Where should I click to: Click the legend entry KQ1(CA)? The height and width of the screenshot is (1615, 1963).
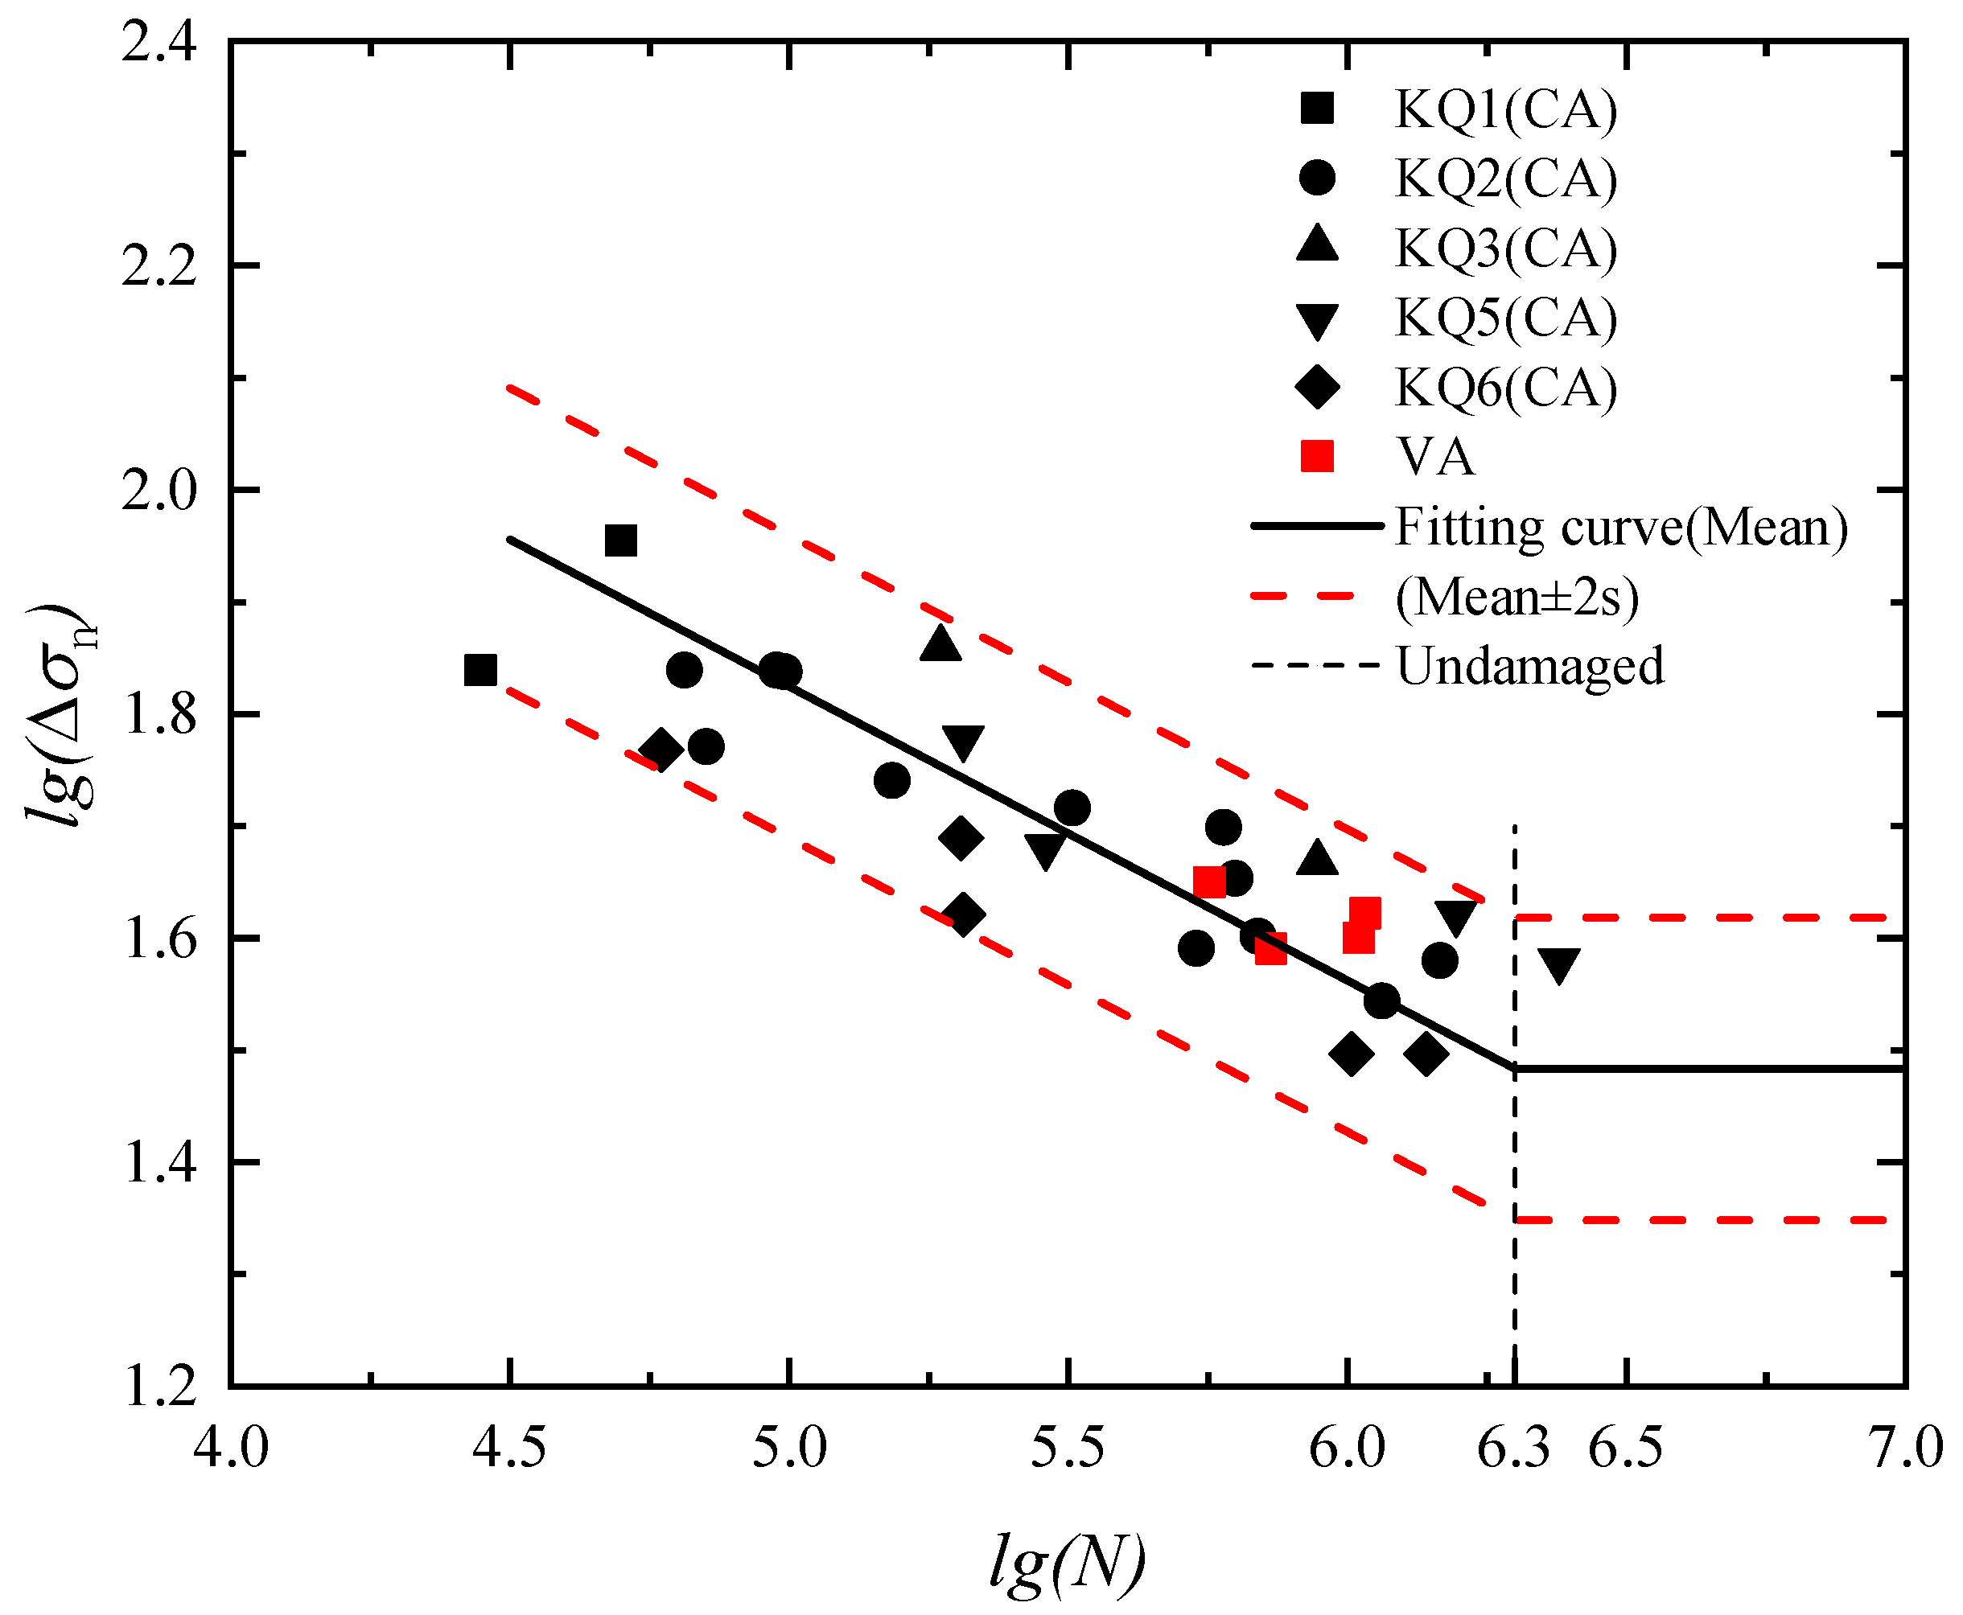click(1504, 109)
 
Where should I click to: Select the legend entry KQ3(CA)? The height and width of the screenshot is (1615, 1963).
click(1504, 248)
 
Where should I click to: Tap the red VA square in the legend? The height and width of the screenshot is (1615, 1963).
click(1316, 456)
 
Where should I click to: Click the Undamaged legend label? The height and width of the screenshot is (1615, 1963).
click(1529, 666)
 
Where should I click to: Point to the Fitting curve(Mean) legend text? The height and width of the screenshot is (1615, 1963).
click(1620, 527)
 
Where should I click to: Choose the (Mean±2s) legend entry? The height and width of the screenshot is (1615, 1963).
click(1516, 596)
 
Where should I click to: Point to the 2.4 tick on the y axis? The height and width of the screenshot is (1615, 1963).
click(159, 43)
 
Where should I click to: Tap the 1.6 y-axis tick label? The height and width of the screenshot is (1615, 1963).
click(159, 939)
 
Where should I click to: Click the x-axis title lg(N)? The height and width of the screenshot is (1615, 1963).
click(1067, 1561)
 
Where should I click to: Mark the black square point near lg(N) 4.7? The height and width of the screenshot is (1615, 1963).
click(620, 540)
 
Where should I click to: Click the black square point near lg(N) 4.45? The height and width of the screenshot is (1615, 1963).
click(480, 670)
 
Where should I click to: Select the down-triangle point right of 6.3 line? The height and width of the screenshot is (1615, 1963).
click(1558, 966)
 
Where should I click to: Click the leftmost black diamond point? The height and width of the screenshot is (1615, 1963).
click(661, 750)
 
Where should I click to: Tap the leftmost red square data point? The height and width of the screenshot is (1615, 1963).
click(1208, 881)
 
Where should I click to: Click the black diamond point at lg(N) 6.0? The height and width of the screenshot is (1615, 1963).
click(1352, 1055)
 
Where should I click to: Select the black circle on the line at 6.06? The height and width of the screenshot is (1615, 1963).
click(1381, 1001)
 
